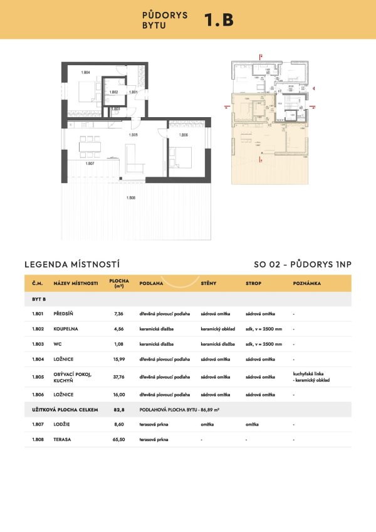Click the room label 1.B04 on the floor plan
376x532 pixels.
(x=86, y=73)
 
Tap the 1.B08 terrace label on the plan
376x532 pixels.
(x=131, y=198)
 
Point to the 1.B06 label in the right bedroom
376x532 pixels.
(x=184, y=135)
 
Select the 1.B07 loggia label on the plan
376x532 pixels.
(x=89, y=164)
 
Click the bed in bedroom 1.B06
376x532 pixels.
(x=181, y=157)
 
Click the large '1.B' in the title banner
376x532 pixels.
(x=219, y=19)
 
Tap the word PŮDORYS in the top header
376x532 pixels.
(x=165, y=14)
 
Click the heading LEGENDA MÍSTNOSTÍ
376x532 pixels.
(x=71, y=264)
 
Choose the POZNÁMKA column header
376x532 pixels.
(x=306, y=283)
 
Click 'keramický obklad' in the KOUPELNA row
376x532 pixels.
(x=217, y=328)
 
